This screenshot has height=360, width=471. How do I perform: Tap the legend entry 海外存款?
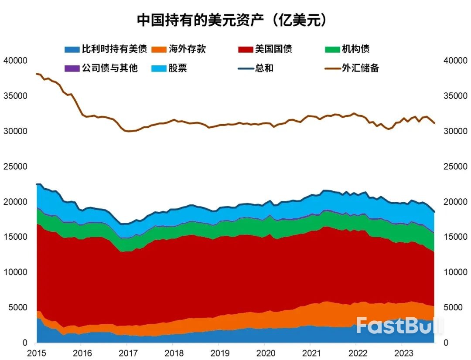tap(187, 49)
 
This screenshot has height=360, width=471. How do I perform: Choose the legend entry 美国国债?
tap(274, 49)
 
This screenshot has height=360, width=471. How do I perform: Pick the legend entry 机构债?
tap(355, 49)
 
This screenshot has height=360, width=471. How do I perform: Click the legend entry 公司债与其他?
tap(110, 68)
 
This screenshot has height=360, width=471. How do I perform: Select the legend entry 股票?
tap(178, 68)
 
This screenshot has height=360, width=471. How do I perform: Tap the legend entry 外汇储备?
tap(360, 68)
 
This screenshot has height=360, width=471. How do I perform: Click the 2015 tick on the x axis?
tap(35, 352)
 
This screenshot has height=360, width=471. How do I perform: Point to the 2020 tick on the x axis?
tap(264, 352)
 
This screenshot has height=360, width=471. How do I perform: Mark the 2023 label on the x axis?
tap(402, 352)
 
